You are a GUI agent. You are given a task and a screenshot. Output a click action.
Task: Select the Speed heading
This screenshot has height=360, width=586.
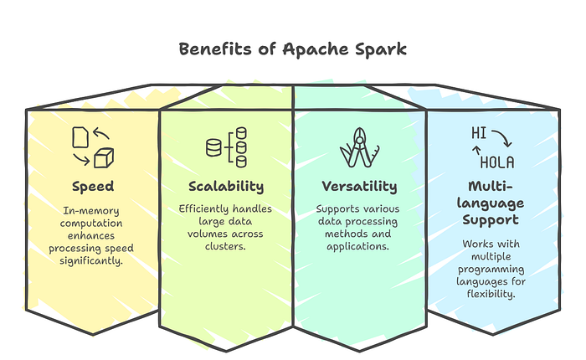93,186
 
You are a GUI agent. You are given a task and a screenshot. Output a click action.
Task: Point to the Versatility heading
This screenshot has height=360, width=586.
360,186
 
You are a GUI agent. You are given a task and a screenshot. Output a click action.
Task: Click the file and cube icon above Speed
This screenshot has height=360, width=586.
93,147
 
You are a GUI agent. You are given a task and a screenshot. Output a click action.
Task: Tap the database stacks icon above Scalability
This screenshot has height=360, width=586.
226,147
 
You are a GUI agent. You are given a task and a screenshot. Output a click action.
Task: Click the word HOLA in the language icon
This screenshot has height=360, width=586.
497,162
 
